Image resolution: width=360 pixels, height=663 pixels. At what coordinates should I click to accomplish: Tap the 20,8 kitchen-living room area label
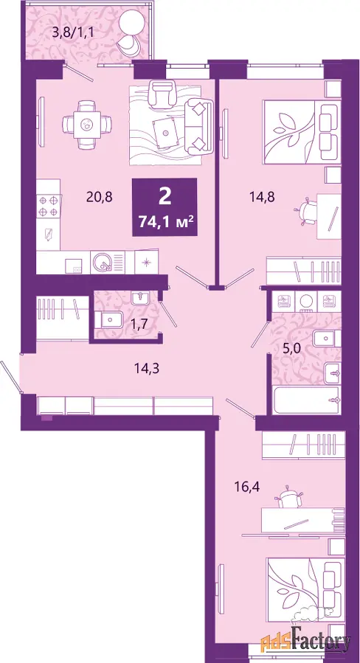(99, 197)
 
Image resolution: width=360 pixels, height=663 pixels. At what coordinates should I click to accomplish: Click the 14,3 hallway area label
(145, 367)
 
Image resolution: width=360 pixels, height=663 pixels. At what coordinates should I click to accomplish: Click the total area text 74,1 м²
(165, 221)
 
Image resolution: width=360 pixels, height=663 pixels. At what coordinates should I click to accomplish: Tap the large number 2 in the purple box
(165, 197)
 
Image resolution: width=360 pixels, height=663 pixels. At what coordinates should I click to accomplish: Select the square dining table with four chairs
(87, 124)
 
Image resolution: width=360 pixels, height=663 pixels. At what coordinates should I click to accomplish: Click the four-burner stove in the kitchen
(49, 206)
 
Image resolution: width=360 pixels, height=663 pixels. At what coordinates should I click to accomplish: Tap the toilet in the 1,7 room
(108, 319)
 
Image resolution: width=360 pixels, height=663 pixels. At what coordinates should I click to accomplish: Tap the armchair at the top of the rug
(163, 94)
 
